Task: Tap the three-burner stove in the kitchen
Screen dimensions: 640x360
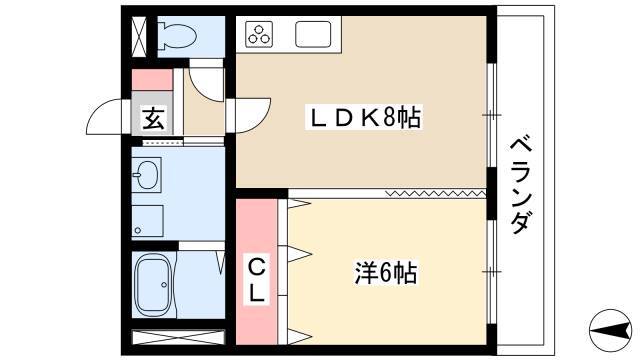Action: point(259,34)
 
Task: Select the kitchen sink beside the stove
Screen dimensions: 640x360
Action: point(313,34)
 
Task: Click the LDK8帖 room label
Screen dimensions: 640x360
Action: point(364,118)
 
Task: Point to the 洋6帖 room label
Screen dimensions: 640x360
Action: point(385,273)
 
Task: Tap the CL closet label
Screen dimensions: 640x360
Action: point(257,279)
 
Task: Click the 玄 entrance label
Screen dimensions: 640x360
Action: point(153,118)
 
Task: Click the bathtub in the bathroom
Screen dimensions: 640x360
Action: point(153,284)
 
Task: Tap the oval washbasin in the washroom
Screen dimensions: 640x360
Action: point(147,175)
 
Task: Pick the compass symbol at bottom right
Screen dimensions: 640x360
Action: point(609,331)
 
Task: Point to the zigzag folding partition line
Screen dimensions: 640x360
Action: point(436,193)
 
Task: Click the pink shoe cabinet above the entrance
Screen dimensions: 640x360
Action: point(152,80)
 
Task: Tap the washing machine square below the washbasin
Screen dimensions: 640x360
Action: point(148,221)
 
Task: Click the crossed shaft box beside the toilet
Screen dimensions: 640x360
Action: point(139,36)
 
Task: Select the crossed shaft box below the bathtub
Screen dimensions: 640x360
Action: point(178,338)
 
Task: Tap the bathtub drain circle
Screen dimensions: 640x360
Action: point(164,284)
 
